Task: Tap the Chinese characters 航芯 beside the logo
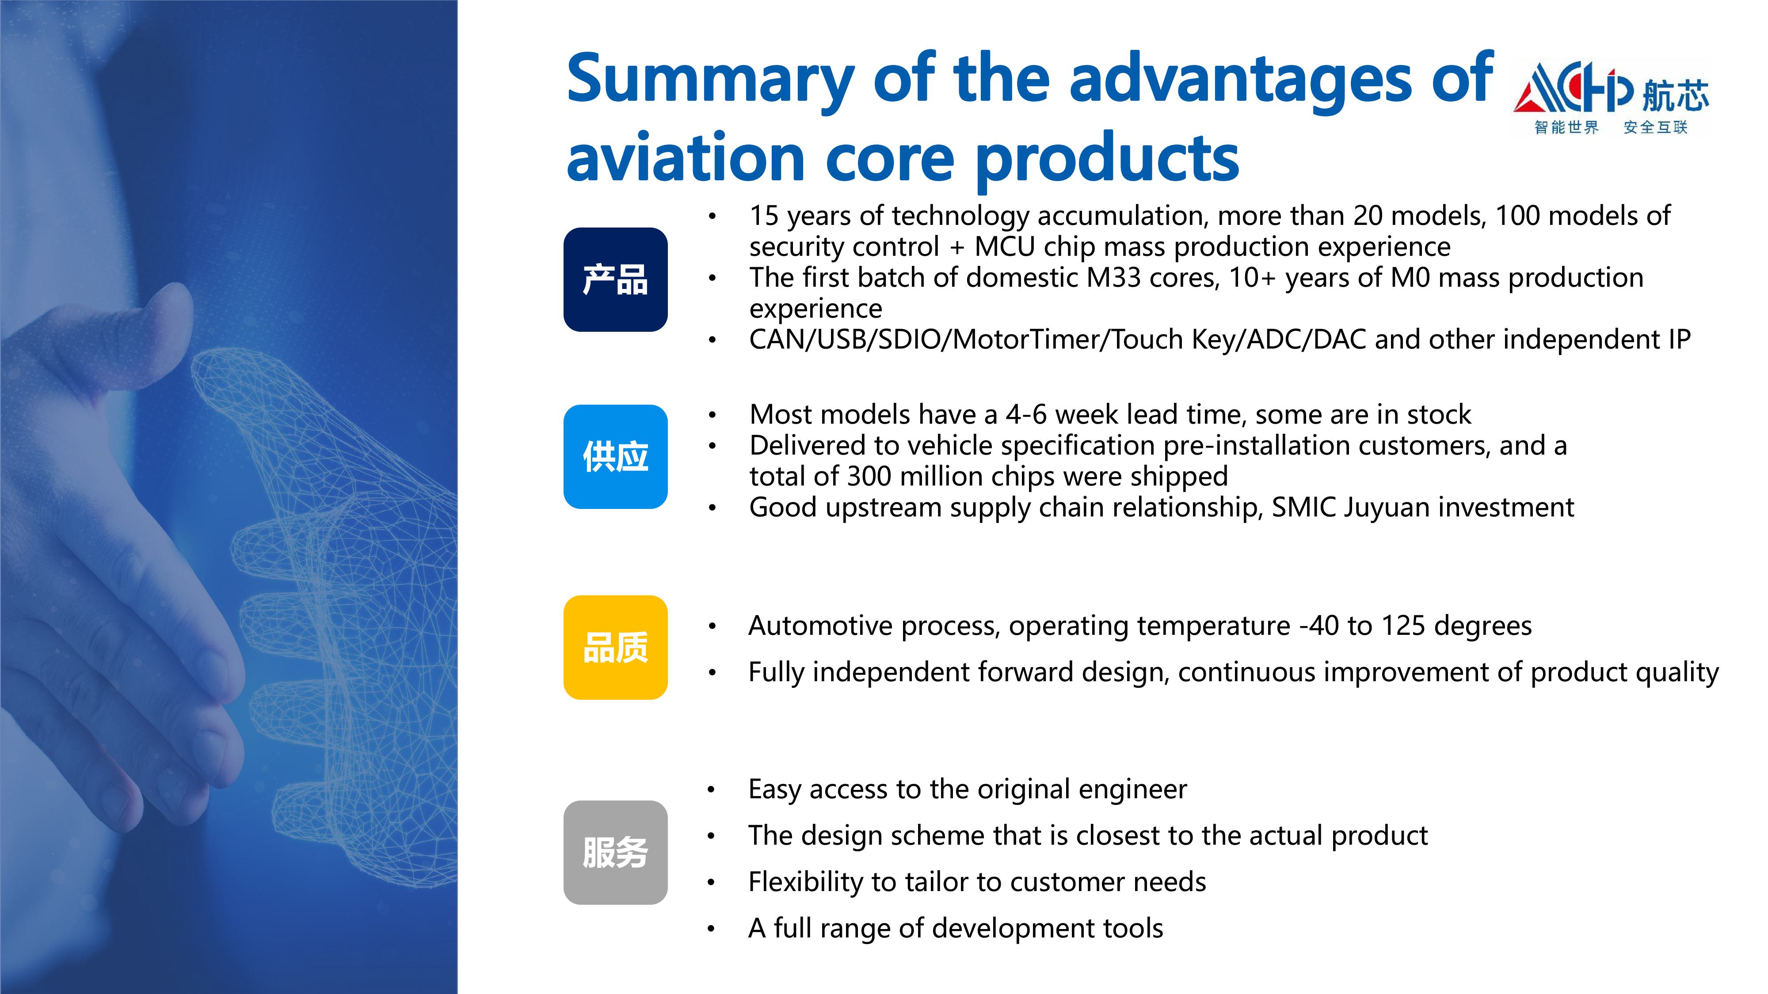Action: (1675, 95)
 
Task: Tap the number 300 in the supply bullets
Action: (869, 476)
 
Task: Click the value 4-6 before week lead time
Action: (1026, 414)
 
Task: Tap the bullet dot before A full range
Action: (712, 929)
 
